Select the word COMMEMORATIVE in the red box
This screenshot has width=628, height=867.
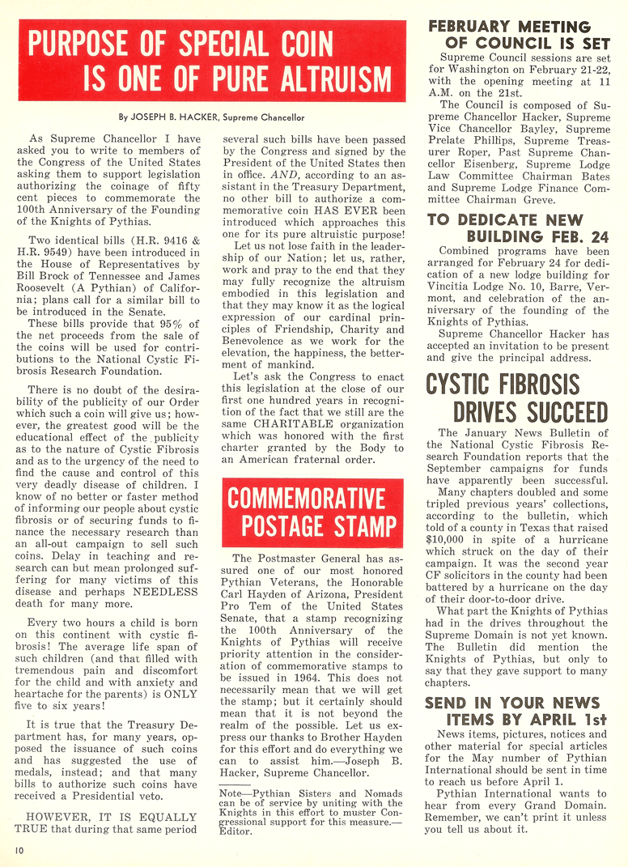[307, 497]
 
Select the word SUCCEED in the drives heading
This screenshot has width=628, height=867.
[552, 410]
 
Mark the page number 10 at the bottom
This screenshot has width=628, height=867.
[18, 849]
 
